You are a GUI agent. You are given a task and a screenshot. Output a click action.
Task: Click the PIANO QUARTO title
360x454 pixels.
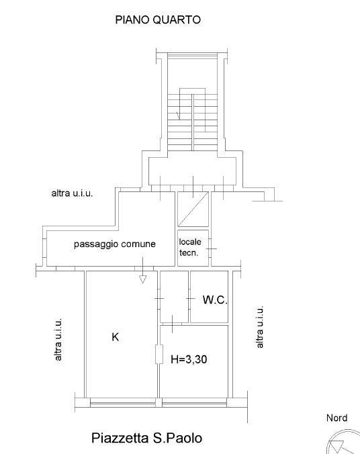[158, 19]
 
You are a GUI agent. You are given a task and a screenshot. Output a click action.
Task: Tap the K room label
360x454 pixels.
[116, 337]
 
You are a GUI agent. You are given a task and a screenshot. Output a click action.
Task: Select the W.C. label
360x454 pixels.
[215, 300]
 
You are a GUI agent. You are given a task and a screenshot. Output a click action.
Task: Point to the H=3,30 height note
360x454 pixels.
[189, 359]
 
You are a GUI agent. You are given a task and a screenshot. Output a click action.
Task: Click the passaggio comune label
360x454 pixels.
[115, 244]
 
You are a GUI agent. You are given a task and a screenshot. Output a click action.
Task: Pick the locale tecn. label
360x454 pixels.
[190, 247]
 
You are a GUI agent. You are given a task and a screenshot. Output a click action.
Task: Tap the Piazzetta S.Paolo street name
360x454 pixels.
[147, 438]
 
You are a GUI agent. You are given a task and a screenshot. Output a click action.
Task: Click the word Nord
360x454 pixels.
[337, 418]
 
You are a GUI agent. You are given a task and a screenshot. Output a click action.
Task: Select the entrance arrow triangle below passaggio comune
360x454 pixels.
[142, 279]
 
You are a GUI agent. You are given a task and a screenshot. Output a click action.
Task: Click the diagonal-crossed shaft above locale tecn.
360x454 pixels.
[193, 209]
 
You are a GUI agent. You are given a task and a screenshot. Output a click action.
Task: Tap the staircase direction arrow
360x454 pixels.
[178, 116]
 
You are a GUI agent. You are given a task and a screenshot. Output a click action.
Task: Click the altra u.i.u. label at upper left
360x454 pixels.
[72, 193]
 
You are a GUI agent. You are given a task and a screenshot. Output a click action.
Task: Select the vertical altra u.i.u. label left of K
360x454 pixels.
[58, 340]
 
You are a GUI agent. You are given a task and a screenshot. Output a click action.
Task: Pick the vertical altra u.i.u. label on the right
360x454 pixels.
[260, 326]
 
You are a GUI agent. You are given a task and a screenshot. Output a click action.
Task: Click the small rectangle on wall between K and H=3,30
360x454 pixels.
[159, 354]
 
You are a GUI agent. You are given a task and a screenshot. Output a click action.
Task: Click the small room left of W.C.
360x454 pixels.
[175, 296]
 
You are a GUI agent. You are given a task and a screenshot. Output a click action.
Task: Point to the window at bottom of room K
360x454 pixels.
[123, 402]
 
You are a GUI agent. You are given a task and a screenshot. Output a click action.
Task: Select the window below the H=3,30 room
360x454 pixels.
[194, 402]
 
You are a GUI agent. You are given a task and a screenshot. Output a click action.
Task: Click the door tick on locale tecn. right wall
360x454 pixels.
[212, 248]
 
